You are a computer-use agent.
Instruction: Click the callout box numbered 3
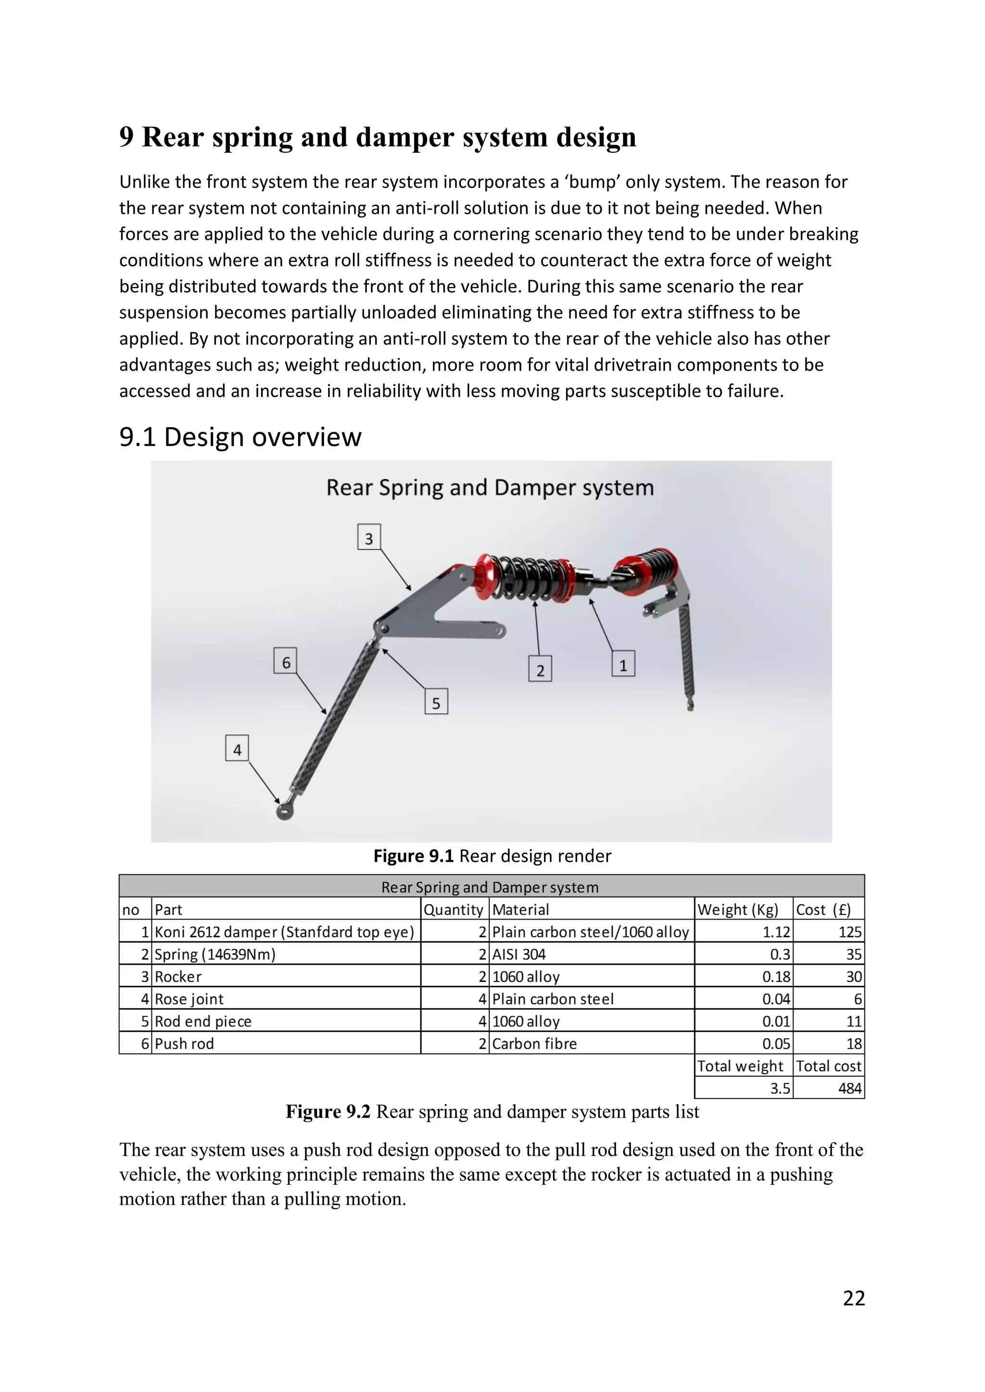pyautogui.click(x=369, y=537)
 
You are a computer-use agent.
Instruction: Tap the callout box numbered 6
pyautogui.click(x=286, y=661)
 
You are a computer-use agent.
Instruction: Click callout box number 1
pyautogui.click(x=623, y=664)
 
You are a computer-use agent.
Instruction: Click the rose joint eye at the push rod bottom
pyautogui.click(x=284, y=810)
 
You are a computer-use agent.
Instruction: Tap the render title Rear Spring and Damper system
pyautogui.click(x=490, y=488)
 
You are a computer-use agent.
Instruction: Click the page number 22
pyautogui.click(x=853, y=1297)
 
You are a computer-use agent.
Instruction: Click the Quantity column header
pyautogui.click(x=453, y=909)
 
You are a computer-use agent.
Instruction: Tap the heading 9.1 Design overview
pyautogui.click(x=240, y=437)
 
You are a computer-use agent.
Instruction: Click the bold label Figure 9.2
pyautogui.click(x=328, y=1112)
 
